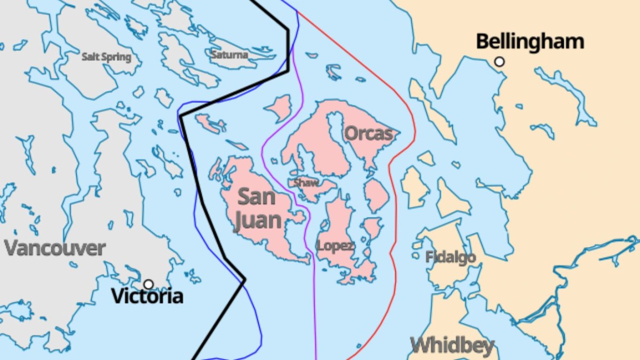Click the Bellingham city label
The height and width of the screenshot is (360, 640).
click(x=530, y=42)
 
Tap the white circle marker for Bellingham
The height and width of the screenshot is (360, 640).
click(x=499, y=62)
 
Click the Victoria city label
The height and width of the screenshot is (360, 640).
click(x=147, y=296)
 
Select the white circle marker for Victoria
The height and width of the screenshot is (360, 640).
click(x=148, y=284)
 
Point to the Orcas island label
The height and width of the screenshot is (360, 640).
click(x=369, y=133)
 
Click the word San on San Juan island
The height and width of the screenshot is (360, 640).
click(x=257, y=197)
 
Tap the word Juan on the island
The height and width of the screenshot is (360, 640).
click(x=257, y=220)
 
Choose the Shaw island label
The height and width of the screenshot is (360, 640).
click(x=306, y=183)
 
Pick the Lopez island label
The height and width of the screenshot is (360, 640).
click(x=335, y=246)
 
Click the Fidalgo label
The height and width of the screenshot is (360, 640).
click(x=451, y=258)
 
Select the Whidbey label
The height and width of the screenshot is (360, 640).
click(x=452, y=345)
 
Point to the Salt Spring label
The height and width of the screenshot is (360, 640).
click(x=106, y=57)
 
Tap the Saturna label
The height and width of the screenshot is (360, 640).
click(x=229, y=54)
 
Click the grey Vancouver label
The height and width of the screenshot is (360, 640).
click(x=55, y=248)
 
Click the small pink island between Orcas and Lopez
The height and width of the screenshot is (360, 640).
click(x=377, y=195)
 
